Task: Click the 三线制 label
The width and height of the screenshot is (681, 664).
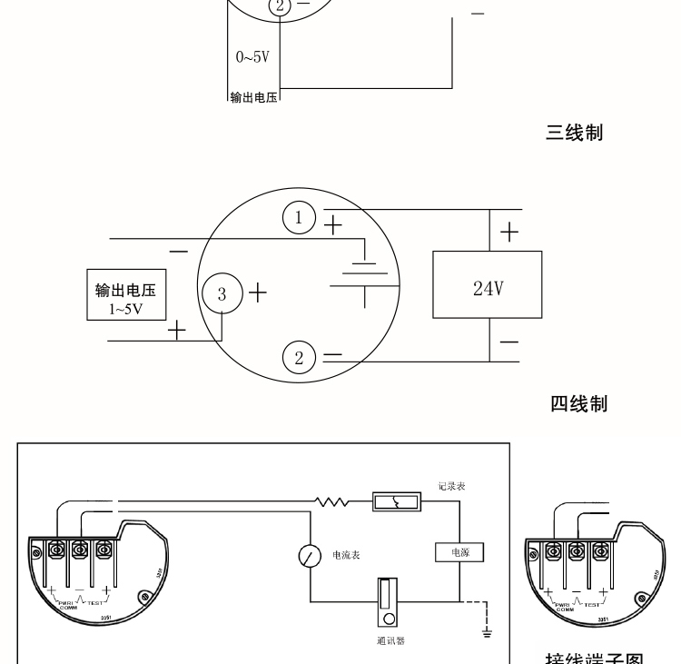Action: (574, 134)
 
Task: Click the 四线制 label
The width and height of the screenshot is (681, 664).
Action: (577, 403)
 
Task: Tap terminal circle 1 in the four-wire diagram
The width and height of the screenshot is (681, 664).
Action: (299, 217)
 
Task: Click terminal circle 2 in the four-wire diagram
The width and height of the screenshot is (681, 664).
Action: (300, 357)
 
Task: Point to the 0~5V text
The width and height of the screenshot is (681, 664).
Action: (252, 57)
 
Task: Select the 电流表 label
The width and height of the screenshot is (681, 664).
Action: (346, 554)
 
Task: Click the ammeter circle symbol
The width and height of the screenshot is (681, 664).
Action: (311, 555)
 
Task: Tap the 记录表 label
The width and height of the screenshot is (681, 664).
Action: (451, 487)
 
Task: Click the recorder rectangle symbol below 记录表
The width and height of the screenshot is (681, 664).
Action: (397, 501)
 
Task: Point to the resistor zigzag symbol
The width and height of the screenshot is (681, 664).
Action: (332, 501)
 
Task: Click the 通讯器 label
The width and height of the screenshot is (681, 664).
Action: (390, 640)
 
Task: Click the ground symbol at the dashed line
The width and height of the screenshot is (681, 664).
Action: (488, 629)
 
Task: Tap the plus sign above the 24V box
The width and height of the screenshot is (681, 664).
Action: (509, 233)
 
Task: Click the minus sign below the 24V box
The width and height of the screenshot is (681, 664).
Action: (509, 342)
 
